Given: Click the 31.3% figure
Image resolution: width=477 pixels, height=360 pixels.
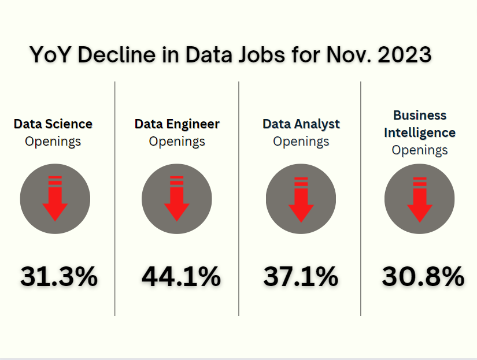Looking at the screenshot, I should pyautogui.click(x=59, y=277).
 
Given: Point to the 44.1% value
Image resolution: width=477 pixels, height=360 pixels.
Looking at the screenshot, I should pyautogui.click(x=181, y=277).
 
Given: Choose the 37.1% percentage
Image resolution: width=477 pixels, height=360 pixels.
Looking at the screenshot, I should pyautogui.click(x=301, y=277).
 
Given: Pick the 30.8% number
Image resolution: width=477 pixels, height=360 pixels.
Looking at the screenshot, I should pyautogui.click(x=423, y=277).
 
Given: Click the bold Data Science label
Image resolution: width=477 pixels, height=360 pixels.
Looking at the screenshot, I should pyautogui.click(x=53, y=124).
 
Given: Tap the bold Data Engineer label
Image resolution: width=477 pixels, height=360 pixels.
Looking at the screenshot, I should pyautogui.click(x=177, y=124).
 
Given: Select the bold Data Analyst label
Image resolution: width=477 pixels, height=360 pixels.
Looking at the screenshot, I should pyautogui.click(x=301, y=124).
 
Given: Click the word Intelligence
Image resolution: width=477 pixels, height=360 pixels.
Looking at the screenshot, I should pyautogui.click(x=420, y=132).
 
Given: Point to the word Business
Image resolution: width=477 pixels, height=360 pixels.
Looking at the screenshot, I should pyautogui.click(x=420, y=115).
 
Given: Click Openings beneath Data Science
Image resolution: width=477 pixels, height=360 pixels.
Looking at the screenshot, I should pyautogui.click(x=53, y=141).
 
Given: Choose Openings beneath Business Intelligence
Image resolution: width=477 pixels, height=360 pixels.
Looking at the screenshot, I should pyautogui.click(x=420, y=150).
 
